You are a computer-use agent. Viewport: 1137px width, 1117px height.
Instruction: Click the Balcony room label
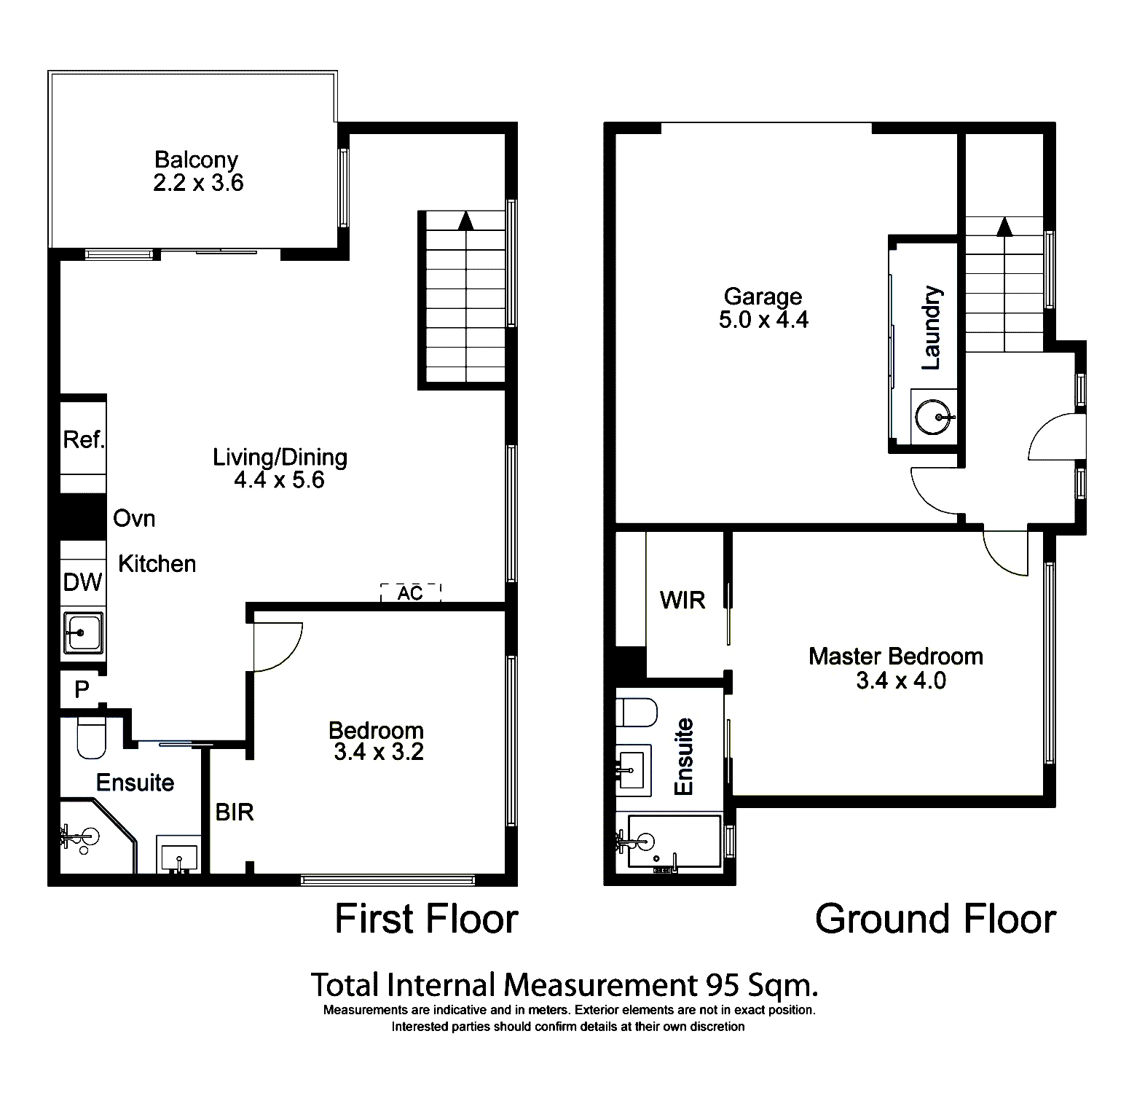196,160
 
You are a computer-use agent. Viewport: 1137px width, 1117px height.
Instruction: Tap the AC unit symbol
411,593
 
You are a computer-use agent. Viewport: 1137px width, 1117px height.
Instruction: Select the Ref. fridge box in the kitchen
83,439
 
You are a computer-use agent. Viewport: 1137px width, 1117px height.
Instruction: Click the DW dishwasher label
83,582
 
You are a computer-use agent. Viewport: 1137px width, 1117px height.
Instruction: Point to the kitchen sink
83,632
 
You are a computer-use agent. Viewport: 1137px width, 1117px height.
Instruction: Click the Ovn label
134,519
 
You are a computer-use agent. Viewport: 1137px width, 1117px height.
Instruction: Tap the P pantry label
82,689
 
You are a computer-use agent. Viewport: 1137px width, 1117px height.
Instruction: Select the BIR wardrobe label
234,812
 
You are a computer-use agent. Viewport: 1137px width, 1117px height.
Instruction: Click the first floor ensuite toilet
91,737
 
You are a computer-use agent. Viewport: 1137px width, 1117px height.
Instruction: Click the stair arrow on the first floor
465,220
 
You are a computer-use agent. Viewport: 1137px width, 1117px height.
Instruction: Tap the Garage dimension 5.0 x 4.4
763,320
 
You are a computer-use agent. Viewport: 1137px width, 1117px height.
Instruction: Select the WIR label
682,600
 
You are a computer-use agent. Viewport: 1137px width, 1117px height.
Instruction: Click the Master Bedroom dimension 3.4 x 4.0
900,681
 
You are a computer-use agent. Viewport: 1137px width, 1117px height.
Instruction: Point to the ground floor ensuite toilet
636,712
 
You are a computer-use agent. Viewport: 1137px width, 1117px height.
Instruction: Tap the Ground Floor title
935,919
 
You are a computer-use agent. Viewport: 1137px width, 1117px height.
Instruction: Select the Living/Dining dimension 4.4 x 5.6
279,480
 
